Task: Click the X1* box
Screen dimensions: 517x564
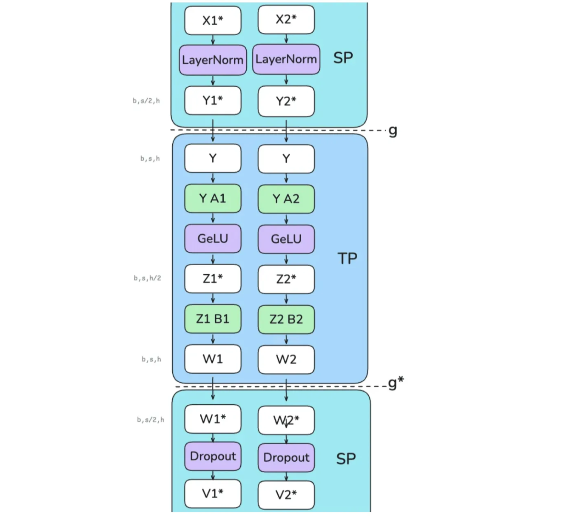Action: tap(213, 20)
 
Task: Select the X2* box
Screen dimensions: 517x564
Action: tap(286, 20)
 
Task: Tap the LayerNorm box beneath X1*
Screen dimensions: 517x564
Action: tap(213, 60)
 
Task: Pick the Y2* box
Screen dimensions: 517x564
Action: tap(286, 101)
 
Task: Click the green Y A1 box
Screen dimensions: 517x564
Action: tap(213, 199)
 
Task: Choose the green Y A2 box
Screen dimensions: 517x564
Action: tap(286, 199)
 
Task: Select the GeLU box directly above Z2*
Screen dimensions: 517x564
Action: tap(286, 239)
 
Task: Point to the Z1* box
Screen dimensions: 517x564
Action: tap(213, 278)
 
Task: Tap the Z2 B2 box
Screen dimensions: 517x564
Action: tap(286, 319)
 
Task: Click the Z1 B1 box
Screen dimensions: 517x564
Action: tap(213, 319)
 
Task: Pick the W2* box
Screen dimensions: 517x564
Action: tap(286, 420)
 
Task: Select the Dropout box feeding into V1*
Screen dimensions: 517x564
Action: tap(213, 456)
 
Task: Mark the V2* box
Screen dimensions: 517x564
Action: tap(286, 495)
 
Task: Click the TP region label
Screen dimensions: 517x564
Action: tap(347, 258)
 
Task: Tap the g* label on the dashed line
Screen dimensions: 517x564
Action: tap(396, 383)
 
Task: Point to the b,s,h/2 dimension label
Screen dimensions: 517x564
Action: tap(148, 278)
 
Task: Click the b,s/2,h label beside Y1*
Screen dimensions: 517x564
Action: tap(146, 101)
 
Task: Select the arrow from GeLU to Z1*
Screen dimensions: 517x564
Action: tap(213, 259)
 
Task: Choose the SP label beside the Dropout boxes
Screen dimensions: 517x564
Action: tap(346, 459)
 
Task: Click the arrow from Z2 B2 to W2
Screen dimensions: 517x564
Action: tap(286, 339)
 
